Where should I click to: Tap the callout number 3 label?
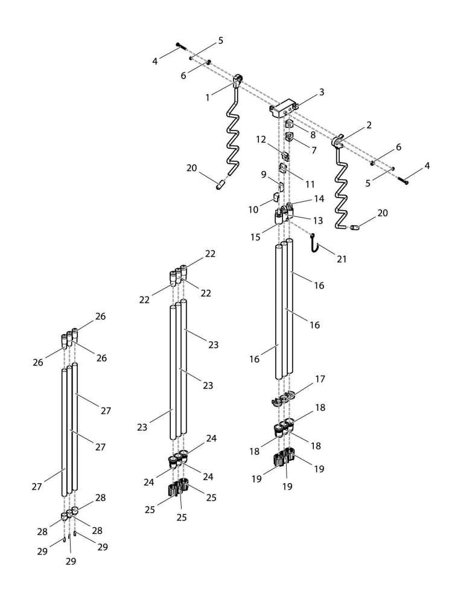322,92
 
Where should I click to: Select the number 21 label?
342,259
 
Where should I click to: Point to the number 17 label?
320,379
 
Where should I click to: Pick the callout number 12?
261,139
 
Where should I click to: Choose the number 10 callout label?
253,210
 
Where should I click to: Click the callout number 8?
313,136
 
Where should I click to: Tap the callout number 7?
314,149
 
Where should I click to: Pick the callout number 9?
263,174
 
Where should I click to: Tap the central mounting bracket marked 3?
282,109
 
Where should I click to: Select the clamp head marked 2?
338,143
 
